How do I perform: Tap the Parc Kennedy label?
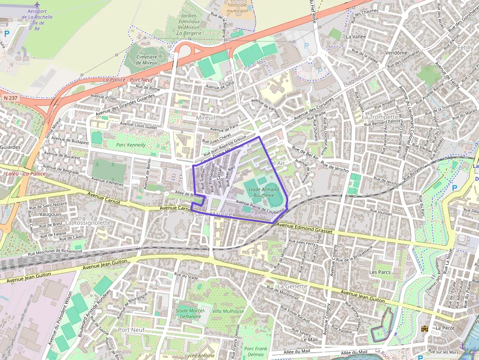[x=131, y=145]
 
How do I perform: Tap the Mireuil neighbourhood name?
[x=205, y=118]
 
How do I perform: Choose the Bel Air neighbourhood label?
[x=276, y=162]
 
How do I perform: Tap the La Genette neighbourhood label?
[x=292, y=286]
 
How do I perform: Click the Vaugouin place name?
[x=50, y=214]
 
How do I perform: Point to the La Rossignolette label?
[x=88, y=222]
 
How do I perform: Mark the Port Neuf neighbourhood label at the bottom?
[x=131, y=330]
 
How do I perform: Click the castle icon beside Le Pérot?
[x=425, y=329]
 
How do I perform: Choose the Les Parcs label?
[x=380, y=272]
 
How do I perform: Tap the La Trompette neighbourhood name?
[x=380, y=117]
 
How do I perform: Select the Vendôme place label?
[x=396, y=53]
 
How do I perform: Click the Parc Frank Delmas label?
[x=256, y=352]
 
